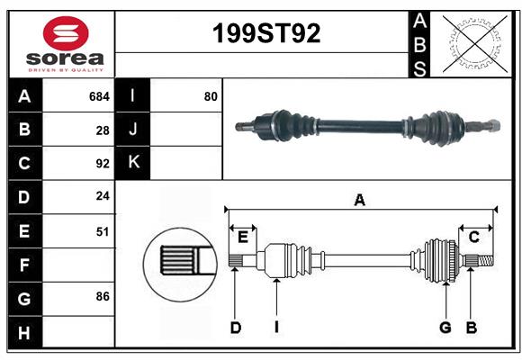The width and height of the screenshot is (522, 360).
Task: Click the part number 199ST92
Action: pos(265,34)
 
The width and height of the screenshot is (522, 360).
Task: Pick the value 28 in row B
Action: pos(103,130)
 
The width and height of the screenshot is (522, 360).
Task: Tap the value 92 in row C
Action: pos(103,164)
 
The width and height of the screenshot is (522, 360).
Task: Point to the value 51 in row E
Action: pos(103,231)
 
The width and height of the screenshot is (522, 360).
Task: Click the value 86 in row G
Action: pos(103,296)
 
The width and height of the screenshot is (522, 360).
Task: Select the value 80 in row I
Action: pos(211,95)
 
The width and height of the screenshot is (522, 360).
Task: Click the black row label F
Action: pos(24,265)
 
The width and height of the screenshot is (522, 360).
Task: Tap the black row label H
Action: pos(24,332)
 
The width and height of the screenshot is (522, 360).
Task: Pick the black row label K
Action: pos(133,163)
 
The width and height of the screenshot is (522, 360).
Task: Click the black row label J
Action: pos(133,130)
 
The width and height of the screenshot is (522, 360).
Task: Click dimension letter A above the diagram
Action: pos(360,201)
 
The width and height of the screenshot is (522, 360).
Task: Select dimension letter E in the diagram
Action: pos(243,237)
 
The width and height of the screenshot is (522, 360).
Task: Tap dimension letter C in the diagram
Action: pos(473,237)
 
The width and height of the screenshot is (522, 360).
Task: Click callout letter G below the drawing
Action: pos(445,328)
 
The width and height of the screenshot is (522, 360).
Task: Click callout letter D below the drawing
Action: pos(236,328)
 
